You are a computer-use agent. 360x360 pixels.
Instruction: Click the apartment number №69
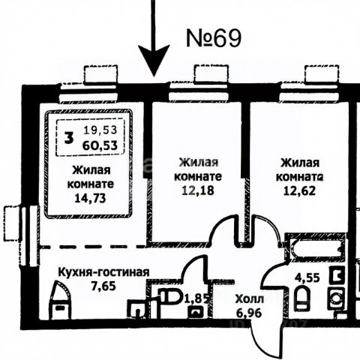[x=214, y=38]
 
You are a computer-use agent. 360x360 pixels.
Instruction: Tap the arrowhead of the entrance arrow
[x=154, y=61]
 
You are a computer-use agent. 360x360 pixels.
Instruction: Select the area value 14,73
[x=90, y=198]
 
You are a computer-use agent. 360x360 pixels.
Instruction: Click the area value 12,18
[x=198, y=190]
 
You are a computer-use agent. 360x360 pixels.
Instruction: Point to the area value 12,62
[x=299, y=191]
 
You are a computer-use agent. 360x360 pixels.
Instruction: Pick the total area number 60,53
[x=100, y=145]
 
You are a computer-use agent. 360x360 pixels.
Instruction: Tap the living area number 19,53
[x=100, y=130]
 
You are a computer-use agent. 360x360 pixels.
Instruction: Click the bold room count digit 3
[x=69, y=138]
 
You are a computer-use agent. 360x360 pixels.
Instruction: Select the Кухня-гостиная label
[x=103, y=272]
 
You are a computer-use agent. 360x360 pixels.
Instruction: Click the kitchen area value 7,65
[x=103, y=286]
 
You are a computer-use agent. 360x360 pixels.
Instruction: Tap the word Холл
[x=250, y=298]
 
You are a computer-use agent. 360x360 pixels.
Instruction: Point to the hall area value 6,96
[x=249, y=313]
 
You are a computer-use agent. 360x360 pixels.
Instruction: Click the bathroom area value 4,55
[x=307, y=277]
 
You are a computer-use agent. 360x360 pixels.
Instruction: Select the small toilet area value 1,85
[x=196, y=298]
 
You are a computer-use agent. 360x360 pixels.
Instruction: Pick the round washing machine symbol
[x=337, y=298]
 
